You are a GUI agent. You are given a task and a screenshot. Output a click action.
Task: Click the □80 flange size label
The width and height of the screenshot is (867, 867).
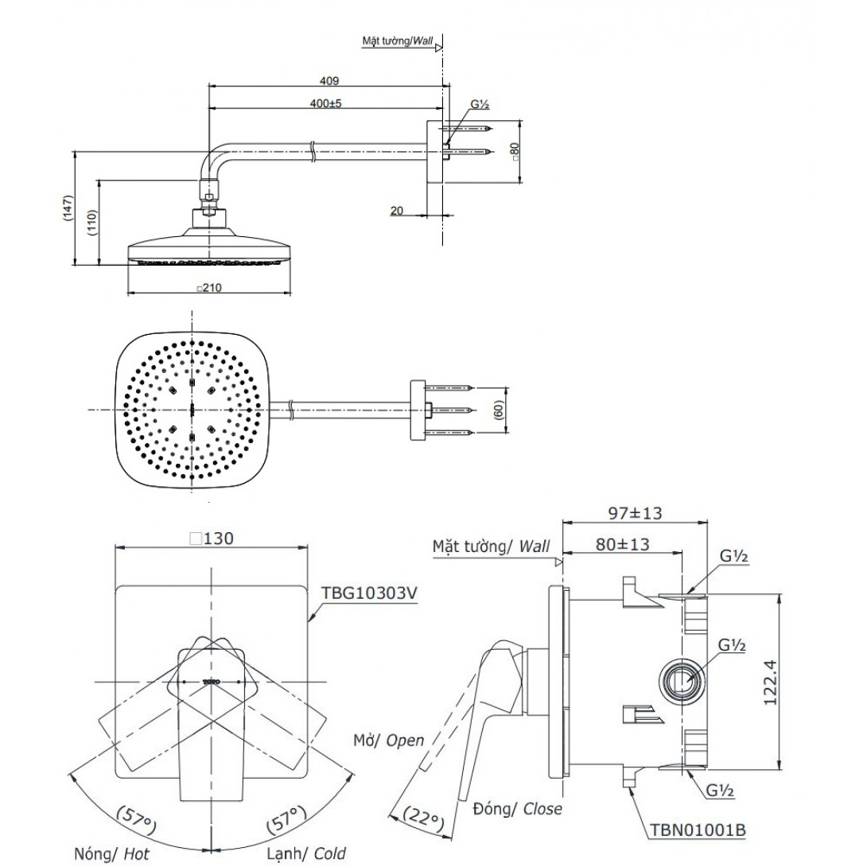(515, 152)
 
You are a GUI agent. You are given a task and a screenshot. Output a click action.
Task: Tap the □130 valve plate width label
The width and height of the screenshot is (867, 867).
(211, 538)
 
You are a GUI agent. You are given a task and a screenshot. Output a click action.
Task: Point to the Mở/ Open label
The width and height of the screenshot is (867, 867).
(389, 740)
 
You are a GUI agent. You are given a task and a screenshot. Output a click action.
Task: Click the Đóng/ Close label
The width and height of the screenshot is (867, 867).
(516, 809)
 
